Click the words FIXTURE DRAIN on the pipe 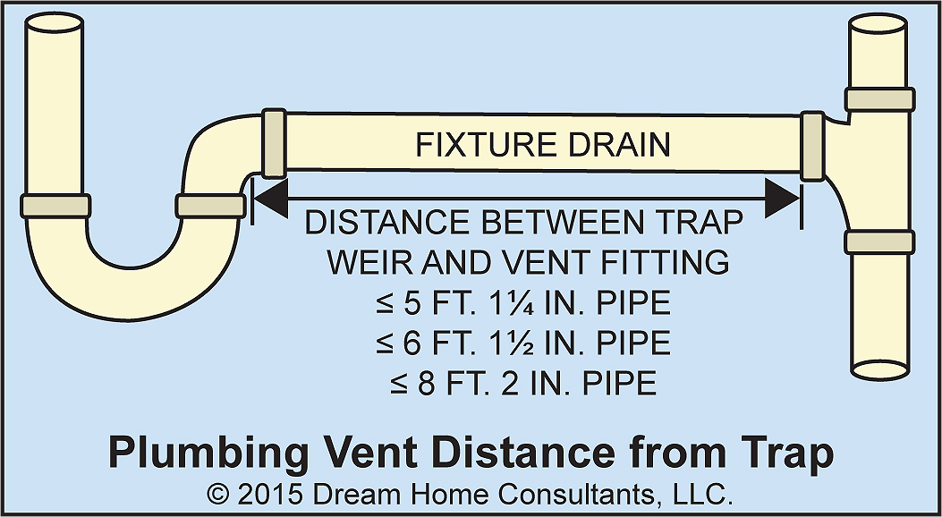[x=543, y=144]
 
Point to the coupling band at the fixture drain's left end [x=273, y=143]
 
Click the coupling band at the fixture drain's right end [x=811, y=146]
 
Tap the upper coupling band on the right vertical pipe [x=879, y=98]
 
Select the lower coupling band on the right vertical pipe [x=879, y=242]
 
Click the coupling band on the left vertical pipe [x=55, y=205]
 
